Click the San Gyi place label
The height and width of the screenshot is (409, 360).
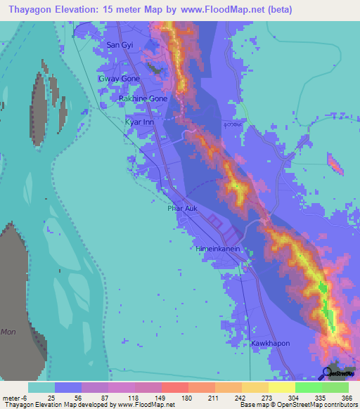coord(119,45)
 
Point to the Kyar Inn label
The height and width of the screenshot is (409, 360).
coord(139,122)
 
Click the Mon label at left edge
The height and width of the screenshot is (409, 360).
coord(8,332)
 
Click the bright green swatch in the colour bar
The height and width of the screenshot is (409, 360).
coord(308,387)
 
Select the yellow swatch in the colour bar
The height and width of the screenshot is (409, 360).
coord(281,387)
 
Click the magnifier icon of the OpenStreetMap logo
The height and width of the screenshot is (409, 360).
coord(327,372)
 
